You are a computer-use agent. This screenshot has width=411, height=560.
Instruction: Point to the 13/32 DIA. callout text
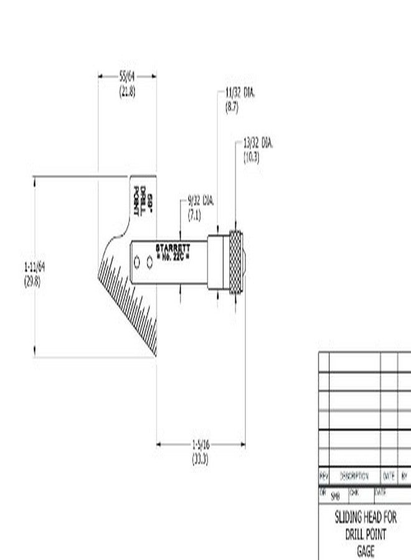pyautogui.click(x=258, y=144)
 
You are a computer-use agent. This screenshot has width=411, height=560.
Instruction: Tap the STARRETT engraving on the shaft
pyautogui.click(x=172, y=248)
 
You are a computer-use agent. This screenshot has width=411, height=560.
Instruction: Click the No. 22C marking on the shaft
pyautogui.click(x=172, y=256)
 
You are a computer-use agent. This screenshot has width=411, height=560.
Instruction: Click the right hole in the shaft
pyautogui.click(x=150, y=263)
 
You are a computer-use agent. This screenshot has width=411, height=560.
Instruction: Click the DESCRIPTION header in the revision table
pyautogui.click(x=354, y=476)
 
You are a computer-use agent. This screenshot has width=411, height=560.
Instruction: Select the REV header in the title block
pyautogui.click(x=324, y=476)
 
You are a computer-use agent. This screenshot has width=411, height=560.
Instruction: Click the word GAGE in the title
pyautogui.click(x=366, y=551)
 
